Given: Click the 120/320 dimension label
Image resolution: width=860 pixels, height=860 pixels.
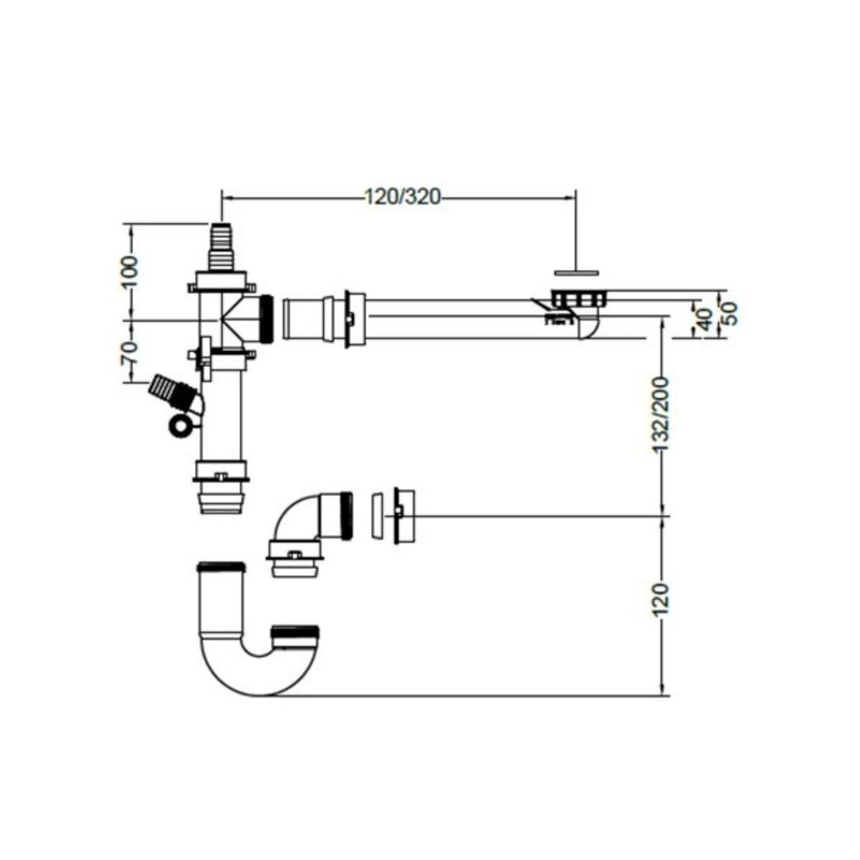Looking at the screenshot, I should [x=402, y=197].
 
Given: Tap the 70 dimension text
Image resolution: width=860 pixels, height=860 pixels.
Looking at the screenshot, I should [x=129, y=352].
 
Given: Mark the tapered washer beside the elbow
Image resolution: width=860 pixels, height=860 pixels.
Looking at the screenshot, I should [x=376, y=515].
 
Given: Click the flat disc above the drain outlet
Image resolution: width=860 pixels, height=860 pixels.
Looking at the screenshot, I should [x=575, y=272].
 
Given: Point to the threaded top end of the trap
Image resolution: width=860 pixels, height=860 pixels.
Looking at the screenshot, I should [x=221, y=569].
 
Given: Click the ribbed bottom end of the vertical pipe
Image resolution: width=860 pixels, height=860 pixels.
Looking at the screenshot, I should [x=221, y=499].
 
